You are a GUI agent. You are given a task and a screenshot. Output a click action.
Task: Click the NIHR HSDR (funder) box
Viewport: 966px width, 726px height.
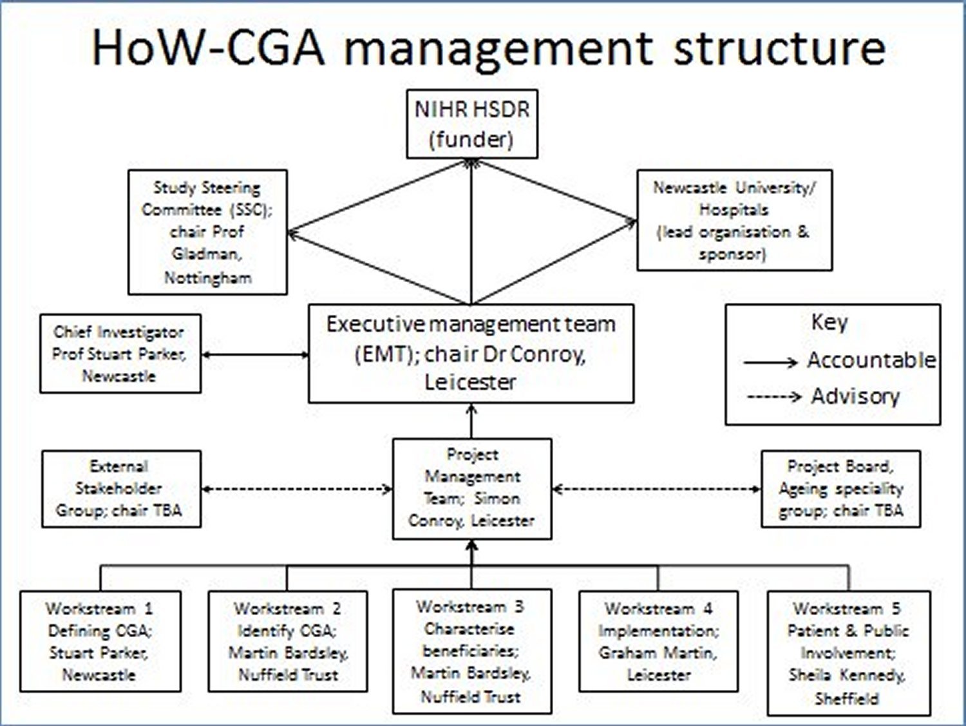pyautogui.click(x=471, y=124)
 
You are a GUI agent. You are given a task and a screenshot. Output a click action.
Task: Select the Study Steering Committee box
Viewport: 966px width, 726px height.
pyautogui.click(x=207, y=232)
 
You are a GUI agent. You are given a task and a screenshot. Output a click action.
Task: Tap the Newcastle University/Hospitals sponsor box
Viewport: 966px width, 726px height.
pyautogui.click(x=734, y=220)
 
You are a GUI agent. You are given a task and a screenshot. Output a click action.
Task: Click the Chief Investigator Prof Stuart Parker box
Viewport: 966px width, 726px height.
pyautogui.click(x=120, y=354)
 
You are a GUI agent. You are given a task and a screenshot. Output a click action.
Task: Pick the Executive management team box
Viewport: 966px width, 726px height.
pyautogui.click(x=471, y=354)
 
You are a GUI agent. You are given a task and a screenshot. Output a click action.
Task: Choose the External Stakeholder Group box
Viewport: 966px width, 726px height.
pyautogui.click(x=121, y=489)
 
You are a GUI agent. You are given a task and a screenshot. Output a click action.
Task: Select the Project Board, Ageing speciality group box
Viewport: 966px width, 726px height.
pyautogui.click(x=840, y=489)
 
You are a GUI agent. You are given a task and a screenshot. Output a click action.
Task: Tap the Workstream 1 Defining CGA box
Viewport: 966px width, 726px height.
pyautogui.click(x=100, y=642)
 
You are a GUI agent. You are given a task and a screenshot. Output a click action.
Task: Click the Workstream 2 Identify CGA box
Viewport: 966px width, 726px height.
pyautogui.click(x=288, y=642)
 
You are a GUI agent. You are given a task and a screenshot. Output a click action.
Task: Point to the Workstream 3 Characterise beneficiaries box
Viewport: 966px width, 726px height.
pyautogui.click(x=471, y=651)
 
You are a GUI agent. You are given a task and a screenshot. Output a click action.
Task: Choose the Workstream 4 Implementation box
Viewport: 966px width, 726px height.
pyautogui.click(x=658, y=642)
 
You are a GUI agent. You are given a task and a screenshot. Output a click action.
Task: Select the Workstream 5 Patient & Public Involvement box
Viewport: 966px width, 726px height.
pyautogui.click(x=848, y=653)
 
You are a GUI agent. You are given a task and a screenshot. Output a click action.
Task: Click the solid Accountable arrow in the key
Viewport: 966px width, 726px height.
pyautogui.click(x=770, y=363)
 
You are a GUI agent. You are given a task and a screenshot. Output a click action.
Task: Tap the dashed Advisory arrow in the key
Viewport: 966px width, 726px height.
pyautogui.click(x=773, y=396)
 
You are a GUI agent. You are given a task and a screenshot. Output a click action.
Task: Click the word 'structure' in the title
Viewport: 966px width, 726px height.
pyautogui.click(x=779, y=48)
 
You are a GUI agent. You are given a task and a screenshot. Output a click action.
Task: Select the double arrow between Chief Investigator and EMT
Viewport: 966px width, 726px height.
pyautogui.click(x=255, y=354)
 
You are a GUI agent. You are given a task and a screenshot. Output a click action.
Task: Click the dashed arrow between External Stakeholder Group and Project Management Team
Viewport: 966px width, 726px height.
pyautogui.click(x=297, y=490)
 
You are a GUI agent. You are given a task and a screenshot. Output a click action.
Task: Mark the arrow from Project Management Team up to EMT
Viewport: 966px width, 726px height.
pyautogui.click(x=471, y=421)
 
